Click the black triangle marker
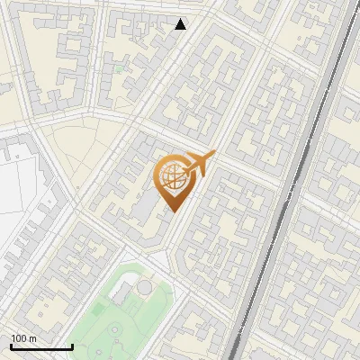[181, 24]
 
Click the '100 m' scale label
[23, 338]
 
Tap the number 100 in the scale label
[18, 338]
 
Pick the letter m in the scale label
[32, 338]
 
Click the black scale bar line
[41, 346]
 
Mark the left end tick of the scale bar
[10, 345]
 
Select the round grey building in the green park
[144, 287]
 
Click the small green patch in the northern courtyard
[120, 67]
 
